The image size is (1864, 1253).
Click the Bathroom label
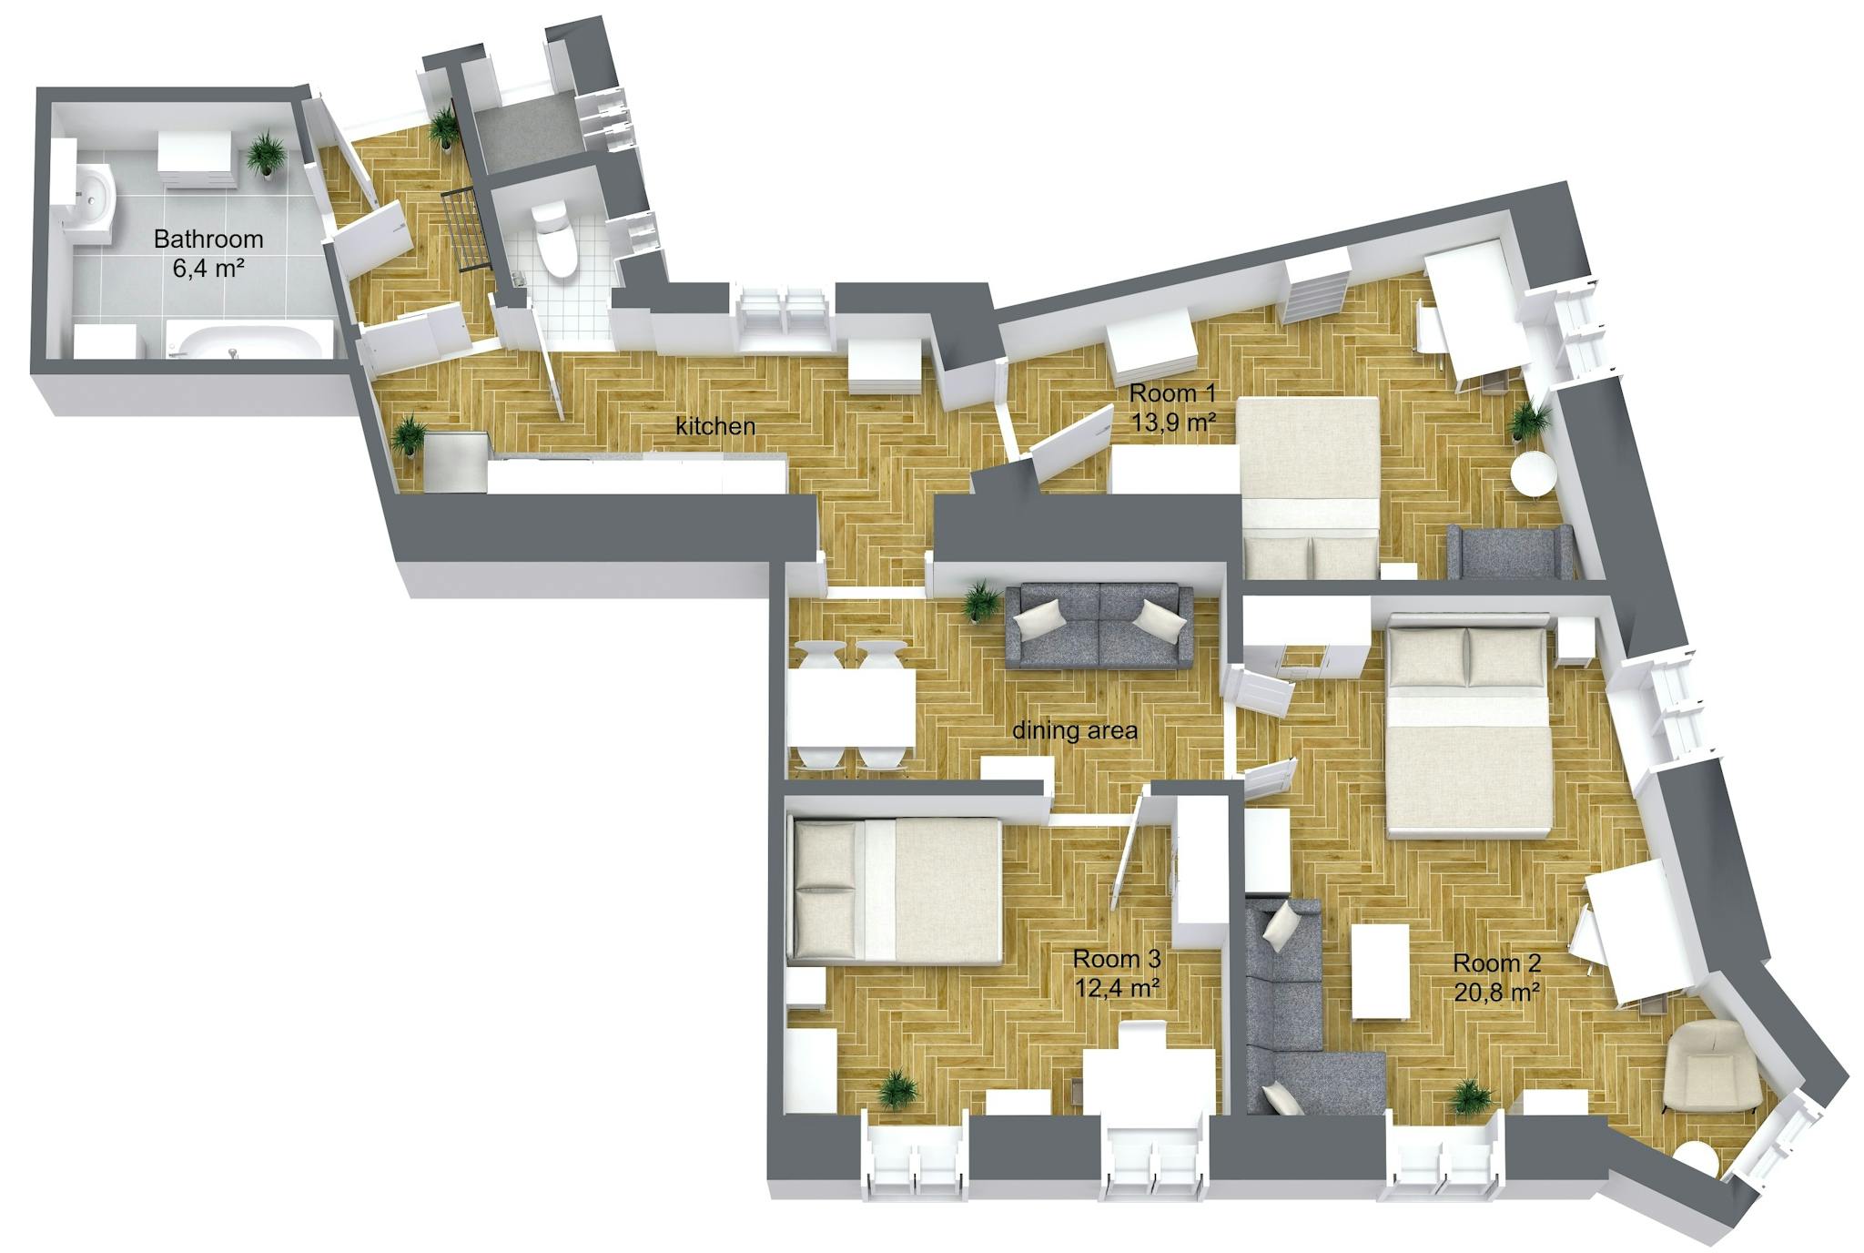click(208, 239)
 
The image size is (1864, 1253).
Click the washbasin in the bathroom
click(94, 194)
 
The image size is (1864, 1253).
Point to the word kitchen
click(715, 425)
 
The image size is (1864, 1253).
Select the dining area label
click(1075, 730)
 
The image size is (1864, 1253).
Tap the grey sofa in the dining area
click(1099, 627)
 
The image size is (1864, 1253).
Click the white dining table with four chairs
click(851, 708)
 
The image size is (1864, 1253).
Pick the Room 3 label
click(1117, 959)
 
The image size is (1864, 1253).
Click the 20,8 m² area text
click(1496, 992)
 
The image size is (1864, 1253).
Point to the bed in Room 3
click(897, 891)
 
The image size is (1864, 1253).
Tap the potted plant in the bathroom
click(266, 152)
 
